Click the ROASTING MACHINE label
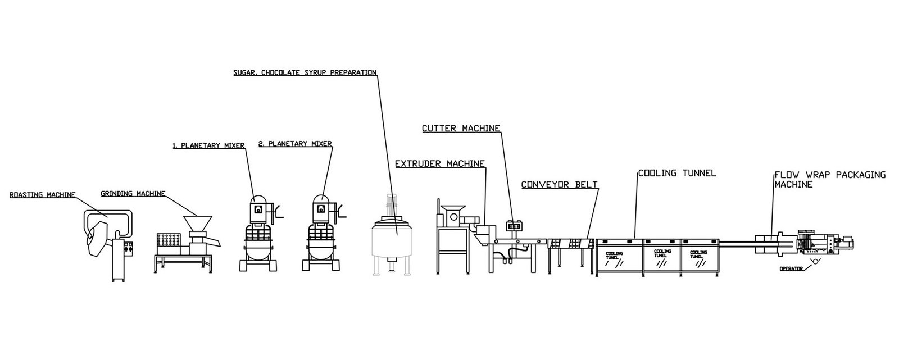click(42, 195)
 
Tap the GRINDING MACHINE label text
click(133, 194)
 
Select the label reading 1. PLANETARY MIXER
click(208, 145)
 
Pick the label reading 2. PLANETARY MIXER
click(295, 144)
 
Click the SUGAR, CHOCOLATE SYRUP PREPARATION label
click(305, 72)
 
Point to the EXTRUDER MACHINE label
click(439, 164)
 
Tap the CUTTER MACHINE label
click(461, 129)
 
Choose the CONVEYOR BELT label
click(559, 184)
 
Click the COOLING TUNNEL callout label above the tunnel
click(676, 173)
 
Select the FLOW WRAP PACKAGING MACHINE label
click(829, 179)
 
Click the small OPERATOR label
click(792, 268)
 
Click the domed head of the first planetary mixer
click(258, 204)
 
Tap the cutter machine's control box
click(512, 225)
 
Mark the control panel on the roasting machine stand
click(129, 248)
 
